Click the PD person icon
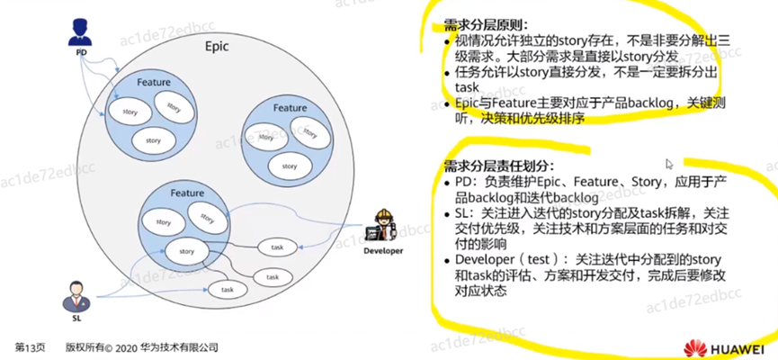pyautogui.click(x=81, y=35)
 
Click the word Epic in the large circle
pyautogui.click(x=217, y=46)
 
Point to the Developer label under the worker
pyautogui.click(x=384, y=251)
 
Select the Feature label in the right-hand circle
pyautogui.click(x=291, y=108)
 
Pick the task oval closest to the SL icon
pyautogui.click(x=228, y=290)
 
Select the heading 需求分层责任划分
pyautogui.click(x=497, y=166)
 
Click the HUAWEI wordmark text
pyautogui.click(x=737, y=347)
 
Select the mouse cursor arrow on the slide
pyautogui.click(x=669, y=165)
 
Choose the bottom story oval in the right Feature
pyautogui.click(x=289, y=166)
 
